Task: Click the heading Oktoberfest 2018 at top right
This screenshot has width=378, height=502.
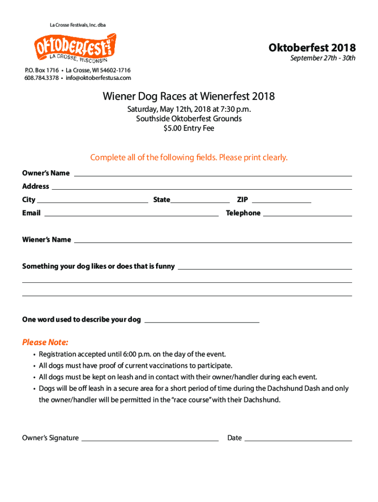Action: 312,48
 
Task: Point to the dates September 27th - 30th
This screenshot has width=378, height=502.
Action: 323,58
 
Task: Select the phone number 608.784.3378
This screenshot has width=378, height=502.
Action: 41,78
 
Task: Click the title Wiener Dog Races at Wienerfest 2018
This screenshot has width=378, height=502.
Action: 189,97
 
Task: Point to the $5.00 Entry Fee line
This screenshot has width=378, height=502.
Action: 189,128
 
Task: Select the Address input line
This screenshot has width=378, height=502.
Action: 201,187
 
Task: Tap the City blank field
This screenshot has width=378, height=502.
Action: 93,201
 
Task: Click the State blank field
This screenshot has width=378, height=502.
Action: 200,201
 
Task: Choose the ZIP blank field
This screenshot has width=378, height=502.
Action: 281,201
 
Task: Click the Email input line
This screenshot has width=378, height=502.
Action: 131,214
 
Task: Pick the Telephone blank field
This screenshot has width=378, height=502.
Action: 307,214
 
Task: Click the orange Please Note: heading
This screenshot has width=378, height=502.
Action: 45,342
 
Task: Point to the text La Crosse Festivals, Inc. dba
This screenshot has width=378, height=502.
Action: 78,25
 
